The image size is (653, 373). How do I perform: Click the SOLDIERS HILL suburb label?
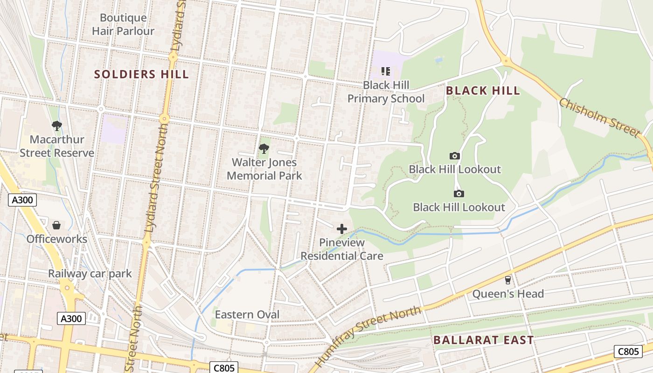tap(141, 74)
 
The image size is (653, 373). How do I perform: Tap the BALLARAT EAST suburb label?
tap(483, 340)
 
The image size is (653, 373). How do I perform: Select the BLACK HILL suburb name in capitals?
tap(483, 90)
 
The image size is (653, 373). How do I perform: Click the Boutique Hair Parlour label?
tap(123, 24)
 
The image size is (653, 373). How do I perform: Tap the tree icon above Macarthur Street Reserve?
tap(57, 125)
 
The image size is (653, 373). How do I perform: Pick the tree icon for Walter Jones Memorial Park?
tap(264, 149)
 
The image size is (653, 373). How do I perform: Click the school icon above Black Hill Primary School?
tap(386, 71)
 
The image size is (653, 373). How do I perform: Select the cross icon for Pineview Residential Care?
tap(342, 228)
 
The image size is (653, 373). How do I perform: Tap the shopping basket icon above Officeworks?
tap(56, 225)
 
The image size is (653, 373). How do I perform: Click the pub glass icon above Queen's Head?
tap(507, 280)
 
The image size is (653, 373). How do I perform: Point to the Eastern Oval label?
tap(247, 315)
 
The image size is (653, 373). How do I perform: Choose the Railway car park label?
tap(90, 273)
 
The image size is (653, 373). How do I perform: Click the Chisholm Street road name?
tap(599, 117)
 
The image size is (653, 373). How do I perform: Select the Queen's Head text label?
tap(508, 294)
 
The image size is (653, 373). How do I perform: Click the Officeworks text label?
tap(56, 239)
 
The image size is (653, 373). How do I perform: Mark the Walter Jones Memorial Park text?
tap(264, 169)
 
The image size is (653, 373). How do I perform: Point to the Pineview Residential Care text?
tap(342, 249)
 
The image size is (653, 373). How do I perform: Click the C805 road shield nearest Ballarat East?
tap(628, 352)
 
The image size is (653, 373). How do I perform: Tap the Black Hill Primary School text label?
tap(386, 92)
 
